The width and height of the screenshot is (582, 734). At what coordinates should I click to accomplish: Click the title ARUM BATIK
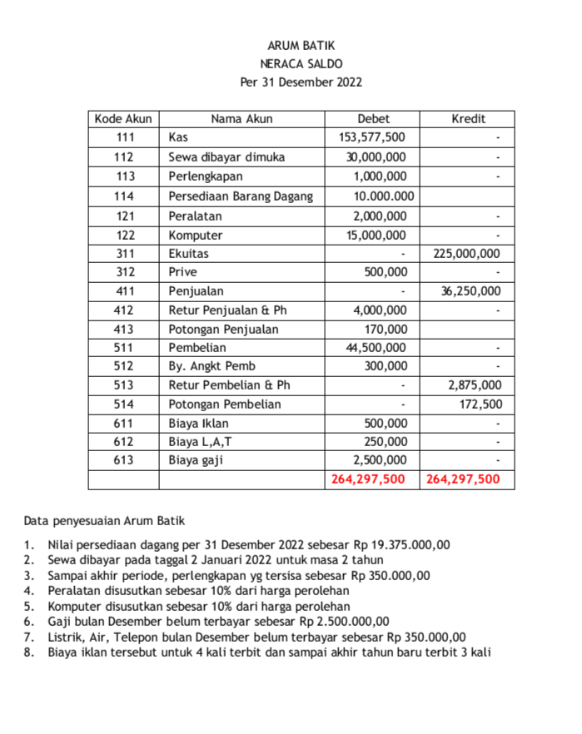tap(301, 46)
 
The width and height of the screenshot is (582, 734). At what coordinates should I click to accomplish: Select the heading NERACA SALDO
tap(301, 64)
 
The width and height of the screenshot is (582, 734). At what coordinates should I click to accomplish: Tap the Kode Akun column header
tap(123, 119)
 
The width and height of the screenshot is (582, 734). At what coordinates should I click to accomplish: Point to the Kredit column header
tap(468, 119)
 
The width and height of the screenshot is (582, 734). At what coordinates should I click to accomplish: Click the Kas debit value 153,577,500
tap(373, 137)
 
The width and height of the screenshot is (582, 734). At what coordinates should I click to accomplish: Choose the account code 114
tap(124, 196)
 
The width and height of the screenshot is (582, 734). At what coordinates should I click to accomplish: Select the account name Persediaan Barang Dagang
tap(241, 196)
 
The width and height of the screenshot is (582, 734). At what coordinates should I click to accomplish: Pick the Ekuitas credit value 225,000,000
tap(467, 254)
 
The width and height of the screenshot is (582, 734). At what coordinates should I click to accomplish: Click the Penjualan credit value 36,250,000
tap(470, 291)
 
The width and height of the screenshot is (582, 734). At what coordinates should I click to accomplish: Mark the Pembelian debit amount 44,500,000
tap(376, 347)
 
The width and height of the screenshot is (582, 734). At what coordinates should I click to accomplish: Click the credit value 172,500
tap(480, 404)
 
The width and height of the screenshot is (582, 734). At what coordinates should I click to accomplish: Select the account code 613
tap(124, 460)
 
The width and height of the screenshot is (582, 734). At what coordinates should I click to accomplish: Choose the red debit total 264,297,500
tap(368, 479)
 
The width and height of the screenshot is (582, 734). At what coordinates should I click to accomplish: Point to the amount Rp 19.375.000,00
tap(401, 546)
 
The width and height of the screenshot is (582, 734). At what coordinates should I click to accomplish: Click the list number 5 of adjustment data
tap(28, 607)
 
